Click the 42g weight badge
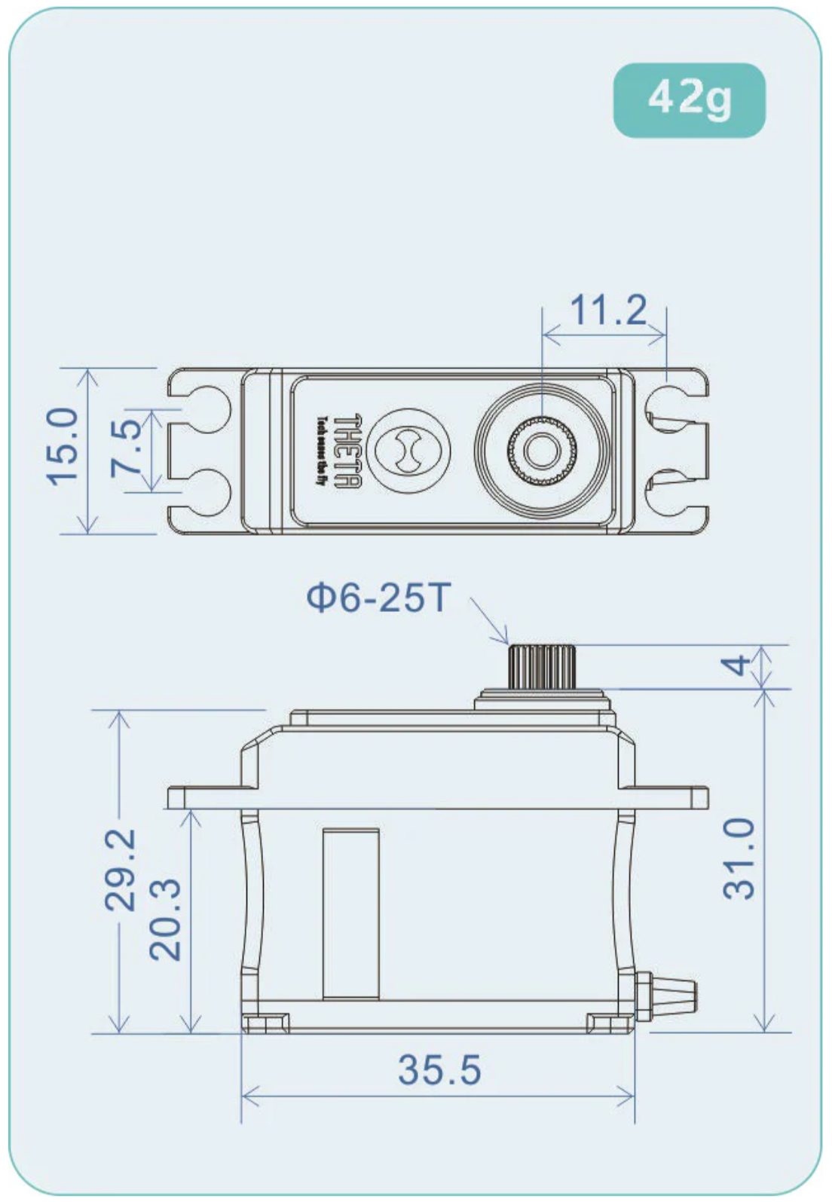click(689, 99)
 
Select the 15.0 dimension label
click(63, 445)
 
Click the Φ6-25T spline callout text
click(378, 598)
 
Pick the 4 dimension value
click(736, 665)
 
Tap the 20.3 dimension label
click(165, 919)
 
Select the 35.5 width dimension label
click(439, 1070)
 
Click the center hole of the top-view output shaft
click(540, 451)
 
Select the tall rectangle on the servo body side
click(350, 913)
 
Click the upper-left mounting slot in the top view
click(202, 408)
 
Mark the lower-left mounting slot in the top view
click(202, 493)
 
